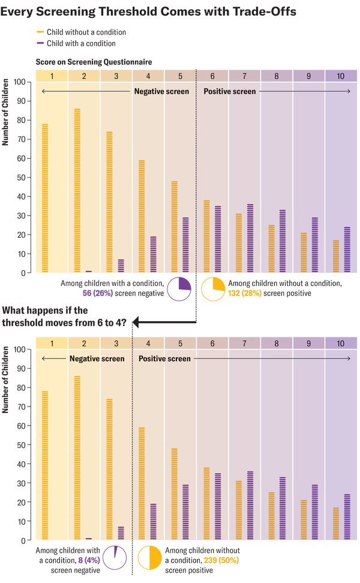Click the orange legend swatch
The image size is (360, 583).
coord(40,31)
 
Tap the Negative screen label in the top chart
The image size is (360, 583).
coord(161,92)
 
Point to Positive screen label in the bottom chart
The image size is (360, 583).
coord(164,358)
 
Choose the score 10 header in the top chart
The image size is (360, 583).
coord(341,76)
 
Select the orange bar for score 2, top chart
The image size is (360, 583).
coord(77,190)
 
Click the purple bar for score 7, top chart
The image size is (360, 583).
coord(250,238)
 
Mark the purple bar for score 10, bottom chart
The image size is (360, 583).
coord(346,517)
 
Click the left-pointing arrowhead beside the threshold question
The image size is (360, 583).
coord(135,324)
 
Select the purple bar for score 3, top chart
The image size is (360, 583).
coord(121,265)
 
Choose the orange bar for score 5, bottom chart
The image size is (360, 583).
coord(174,494)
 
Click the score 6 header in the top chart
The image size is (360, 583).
coord(212,76)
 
